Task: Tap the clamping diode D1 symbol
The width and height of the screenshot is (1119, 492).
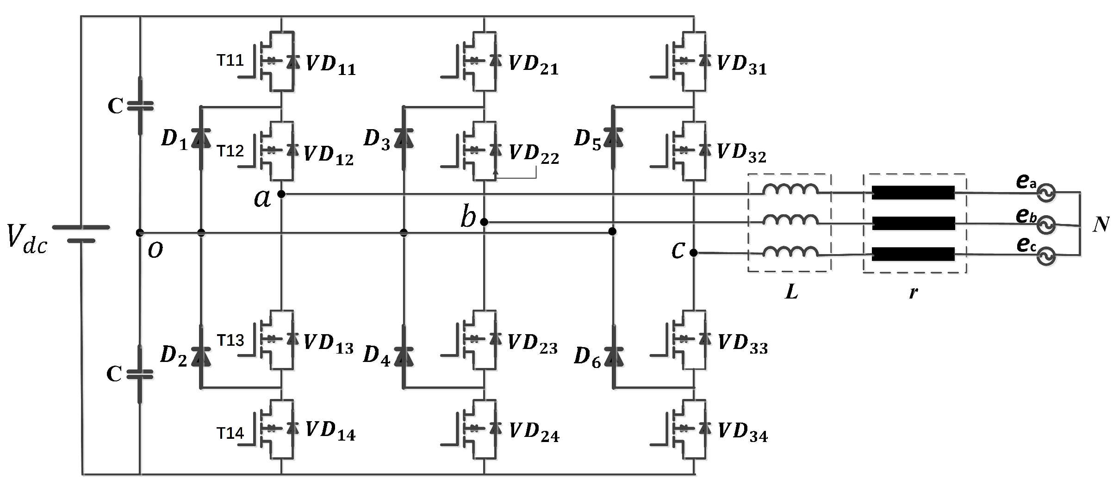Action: [201, 137]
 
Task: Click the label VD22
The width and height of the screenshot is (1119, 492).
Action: [534, 154]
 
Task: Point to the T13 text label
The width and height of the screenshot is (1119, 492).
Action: [230, 341]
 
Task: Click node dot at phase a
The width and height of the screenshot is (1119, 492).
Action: [281, 194]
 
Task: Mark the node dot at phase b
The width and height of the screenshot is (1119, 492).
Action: [484, 222]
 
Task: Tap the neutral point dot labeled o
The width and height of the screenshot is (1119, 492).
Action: [140, 232]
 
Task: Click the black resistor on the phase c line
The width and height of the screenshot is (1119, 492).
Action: [913, 254]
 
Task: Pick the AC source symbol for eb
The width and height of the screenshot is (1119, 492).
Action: [1046, 224]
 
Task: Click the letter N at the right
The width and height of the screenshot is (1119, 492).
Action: [1101, 224]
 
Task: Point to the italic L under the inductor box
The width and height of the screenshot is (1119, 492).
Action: [791, 292]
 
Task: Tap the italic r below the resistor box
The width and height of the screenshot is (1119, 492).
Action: [913, 293]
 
